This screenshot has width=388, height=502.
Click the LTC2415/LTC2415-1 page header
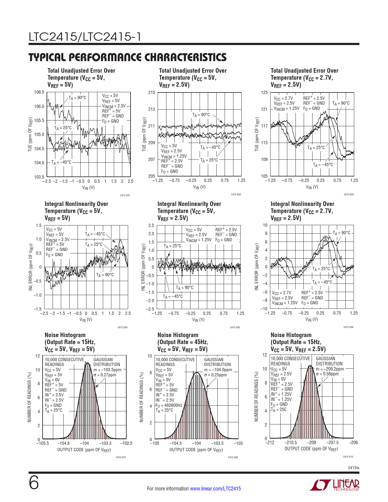point(85,37)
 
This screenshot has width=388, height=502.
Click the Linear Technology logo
point(334,485)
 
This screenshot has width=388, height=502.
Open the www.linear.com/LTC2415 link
point(215,489)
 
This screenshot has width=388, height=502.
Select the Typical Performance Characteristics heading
point(128,57)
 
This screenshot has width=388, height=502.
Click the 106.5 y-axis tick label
point(39,92)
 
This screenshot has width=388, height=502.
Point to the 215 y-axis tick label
point(152,92)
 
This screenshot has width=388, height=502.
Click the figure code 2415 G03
point(348,194)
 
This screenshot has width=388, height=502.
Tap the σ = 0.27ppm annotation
point(105,375)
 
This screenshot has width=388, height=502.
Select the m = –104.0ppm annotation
point(218,370)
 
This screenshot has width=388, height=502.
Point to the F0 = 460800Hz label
point(169,405)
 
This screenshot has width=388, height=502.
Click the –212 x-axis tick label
point(270,443)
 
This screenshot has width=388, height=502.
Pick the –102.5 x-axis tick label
point(126,443)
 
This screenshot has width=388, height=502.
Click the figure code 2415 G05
point(235,327)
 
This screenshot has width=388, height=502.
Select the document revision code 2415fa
point(353,467)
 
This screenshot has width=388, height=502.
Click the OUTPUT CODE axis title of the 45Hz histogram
point(196,450)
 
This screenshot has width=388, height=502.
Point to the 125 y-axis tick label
point(264,92)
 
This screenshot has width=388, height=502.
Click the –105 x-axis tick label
point(155,443)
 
